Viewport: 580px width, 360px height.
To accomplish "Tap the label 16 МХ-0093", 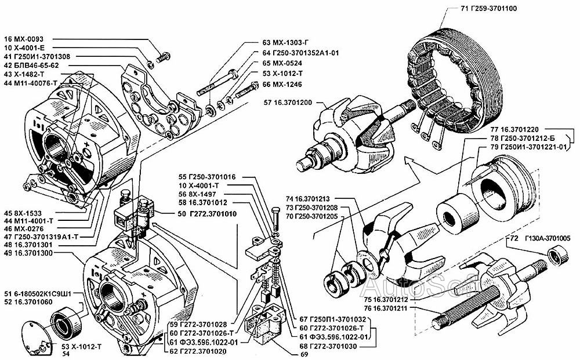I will [x=28, y=38].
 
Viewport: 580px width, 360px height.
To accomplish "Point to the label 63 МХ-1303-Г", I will [x=288, y=42].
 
